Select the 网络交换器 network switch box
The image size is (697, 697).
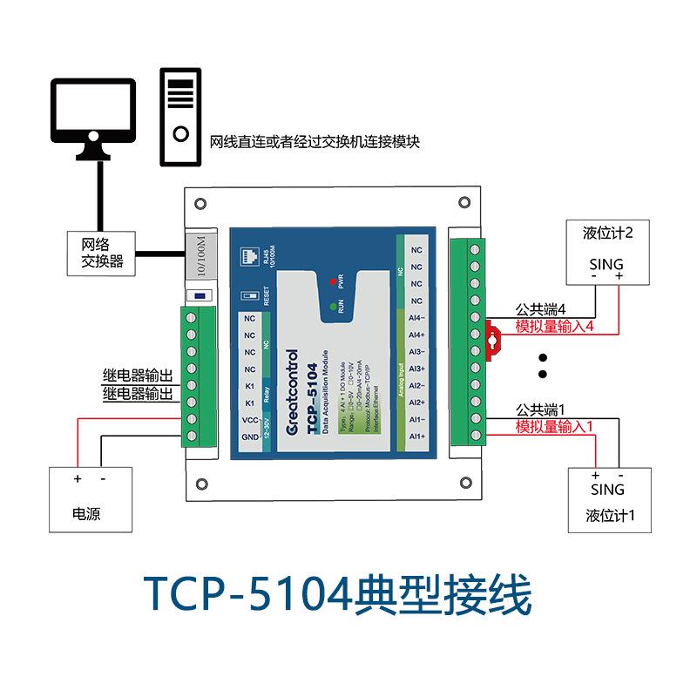[102, 252]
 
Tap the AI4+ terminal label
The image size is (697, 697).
[416, 335]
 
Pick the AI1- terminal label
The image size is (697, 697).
[416, 419]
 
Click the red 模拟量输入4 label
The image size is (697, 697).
[555, 327]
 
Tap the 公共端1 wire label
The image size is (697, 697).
[541, 409]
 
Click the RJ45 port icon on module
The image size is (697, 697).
[245, 257]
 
